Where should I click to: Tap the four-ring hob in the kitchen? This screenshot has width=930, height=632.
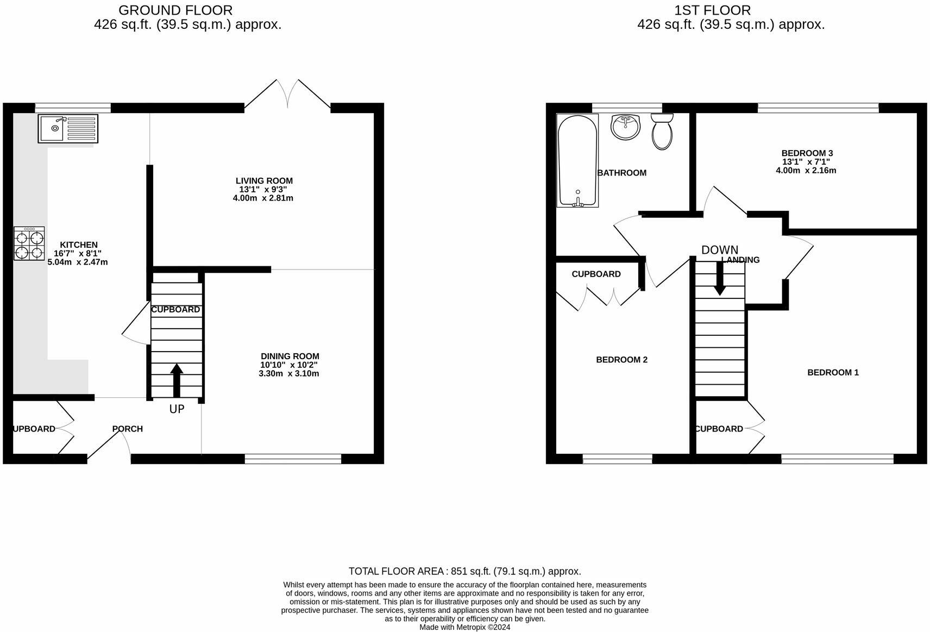[x=29, y=243]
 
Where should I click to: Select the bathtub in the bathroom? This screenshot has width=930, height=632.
[x=577, y=161]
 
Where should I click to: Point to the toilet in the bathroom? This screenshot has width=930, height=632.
[x=662, y=131]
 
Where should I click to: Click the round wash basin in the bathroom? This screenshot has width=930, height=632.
[x=626, y=127]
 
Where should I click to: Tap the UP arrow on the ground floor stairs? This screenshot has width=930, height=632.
[x=177, y=381]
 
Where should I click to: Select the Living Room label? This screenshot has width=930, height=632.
[x=264, y=180]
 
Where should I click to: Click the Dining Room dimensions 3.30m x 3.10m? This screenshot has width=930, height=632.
[x=289, y=374]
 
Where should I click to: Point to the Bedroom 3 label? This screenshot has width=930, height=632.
[x=807, y=153]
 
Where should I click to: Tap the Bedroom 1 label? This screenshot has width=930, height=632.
[x=833, y=372]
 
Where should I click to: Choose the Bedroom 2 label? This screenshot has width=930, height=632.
[x=621, y=360]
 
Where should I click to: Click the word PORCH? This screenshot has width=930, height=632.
[x=128, y=429]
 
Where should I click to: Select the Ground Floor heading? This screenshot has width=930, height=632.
[x=175, y=10]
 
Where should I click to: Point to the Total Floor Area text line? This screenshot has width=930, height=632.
[x=464, y=571]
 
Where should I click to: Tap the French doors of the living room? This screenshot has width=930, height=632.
[x=287, y=95]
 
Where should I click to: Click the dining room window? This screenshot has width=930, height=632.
[x=293, y=459]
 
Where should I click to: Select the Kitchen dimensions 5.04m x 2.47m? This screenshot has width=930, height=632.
[x=78, y=262]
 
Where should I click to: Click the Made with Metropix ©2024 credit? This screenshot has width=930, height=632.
[x=464, y=627]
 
